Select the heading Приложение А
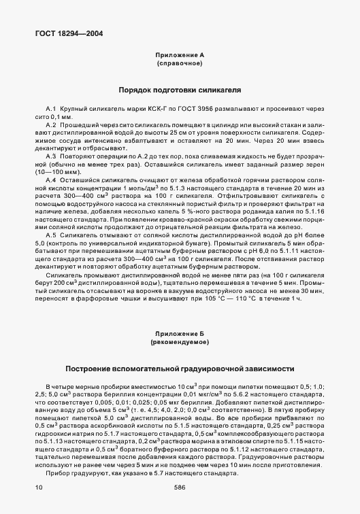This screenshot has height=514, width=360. click(180, 54)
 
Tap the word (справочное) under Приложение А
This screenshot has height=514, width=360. click(180, 63)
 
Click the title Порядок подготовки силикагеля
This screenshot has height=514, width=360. click(180, 90)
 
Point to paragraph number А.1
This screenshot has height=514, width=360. click(50, 109)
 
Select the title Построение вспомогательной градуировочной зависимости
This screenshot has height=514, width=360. click(180, 369)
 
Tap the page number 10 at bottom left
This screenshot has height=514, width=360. click(37, 487)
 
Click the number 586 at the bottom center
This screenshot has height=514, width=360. click(180, 487)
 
